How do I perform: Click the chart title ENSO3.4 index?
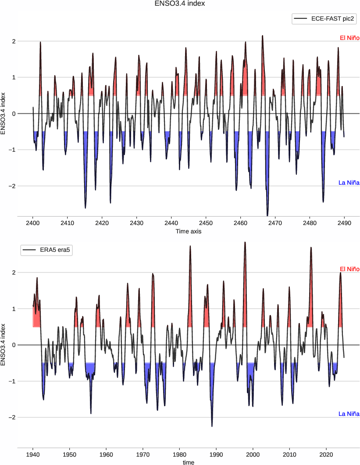tap(180, 4)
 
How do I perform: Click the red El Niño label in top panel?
tap(349, 38)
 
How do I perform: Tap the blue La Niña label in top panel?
tap(349, 182)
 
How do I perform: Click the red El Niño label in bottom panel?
tap(349, 269)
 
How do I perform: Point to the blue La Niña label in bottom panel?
tap(349, 414)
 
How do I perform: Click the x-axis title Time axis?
tap(189, 231)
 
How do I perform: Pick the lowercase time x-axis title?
tap(189, 462)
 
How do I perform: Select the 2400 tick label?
tap(33, 223)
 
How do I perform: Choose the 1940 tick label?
tap(33, 454)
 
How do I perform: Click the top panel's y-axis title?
tap(4, 113)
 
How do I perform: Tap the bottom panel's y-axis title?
tap(4, 344)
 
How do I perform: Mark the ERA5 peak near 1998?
tap(245, 242)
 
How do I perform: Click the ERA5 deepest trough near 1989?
tap(212, 426)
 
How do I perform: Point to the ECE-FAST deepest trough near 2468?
tap(267, 215)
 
